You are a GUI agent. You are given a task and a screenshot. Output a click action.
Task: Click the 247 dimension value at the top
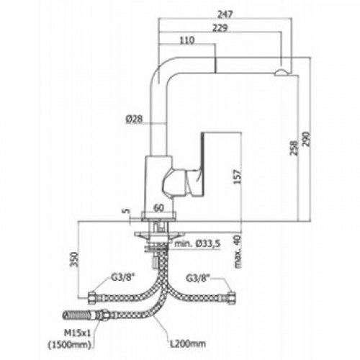point(225,14)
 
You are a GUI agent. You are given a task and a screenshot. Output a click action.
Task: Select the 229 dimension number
point(220,28)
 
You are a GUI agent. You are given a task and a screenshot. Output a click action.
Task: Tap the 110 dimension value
point(186,40)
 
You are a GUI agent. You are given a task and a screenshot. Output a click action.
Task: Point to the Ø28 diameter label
point(134,119)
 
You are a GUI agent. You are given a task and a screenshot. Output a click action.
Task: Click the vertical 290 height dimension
point(306,139)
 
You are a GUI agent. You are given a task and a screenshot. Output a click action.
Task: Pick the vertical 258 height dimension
point(294,148)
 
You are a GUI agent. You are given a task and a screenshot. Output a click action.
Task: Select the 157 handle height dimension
point(237,177)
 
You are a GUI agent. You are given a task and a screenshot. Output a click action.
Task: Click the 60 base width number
point(158,208)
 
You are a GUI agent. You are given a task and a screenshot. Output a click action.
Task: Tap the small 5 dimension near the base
point(126,211)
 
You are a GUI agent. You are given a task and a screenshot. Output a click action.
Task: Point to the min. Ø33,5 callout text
point(197,244)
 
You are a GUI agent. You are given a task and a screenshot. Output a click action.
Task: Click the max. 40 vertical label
point(237,252)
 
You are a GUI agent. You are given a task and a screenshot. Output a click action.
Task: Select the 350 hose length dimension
point(74,259)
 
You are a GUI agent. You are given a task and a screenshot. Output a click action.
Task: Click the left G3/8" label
point(123,278)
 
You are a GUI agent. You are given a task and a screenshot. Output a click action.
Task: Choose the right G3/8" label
point(198,279)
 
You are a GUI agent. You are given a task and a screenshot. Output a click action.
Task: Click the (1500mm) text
point(70,345)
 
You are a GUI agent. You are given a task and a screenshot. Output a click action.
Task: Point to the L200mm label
point(188,343)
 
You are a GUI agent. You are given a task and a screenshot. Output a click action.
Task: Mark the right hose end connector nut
point(232,298)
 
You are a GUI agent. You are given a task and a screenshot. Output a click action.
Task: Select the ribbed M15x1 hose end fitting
point(75,315)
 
